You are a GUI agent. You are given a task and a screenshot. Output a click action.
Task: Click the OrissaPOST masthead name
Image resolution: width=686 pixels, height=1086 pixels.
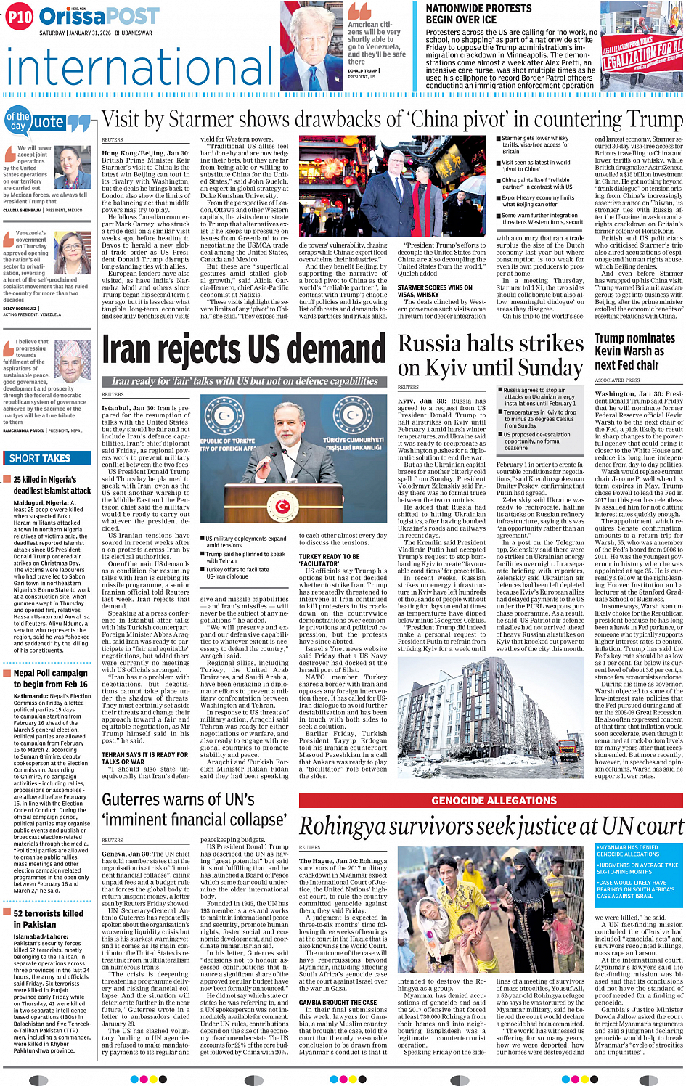tap(99, 17)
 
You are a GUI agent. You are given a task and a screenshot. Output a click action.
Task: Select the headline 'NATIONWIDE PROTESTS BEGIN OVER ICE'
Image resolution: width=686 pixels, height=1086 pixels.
tap(478, 14)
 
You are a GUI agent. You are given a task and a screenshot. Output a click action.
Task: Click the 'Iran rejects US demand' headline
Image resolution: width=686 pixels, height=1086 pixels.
tap(244, 349)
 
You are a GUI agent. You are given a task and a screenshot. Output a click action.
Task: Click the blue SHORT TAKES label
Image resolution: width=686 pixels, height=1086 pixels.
tap(40, 458)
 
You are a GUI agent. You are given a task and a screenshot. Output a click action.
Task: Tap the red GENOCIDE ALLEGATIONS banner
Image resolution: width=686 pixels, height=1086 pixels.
tap(494, 800)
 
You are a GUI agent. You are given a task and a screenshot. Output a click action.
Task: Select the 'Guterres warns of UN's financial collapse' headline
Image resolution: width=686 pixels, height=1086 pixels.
tap(194, 810)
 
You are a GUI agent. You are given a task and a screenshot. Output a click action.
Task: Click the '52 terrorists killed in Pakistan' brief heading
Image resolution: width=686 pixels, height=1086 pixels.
tap(48, 918)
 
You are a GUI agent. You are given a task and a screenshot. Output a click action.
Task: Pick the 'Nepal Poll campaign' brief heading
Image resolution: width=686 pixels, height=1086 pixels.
tap(50, 678)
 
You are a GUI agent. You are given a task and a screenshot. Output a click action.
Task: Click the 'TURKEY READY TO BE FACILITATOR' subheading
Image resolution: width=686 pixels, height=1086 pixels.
tap(329, 560)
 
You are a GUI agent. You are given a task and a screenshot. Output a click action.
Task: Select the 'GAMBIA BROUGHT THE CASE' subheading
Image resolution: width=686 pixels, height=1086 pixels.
tap(338, 1003)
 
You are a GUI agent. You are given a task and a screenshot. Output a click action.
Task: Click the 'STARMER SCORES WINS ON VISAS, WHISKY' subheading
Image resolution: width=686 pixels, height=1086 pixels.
tap(435, 291)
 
